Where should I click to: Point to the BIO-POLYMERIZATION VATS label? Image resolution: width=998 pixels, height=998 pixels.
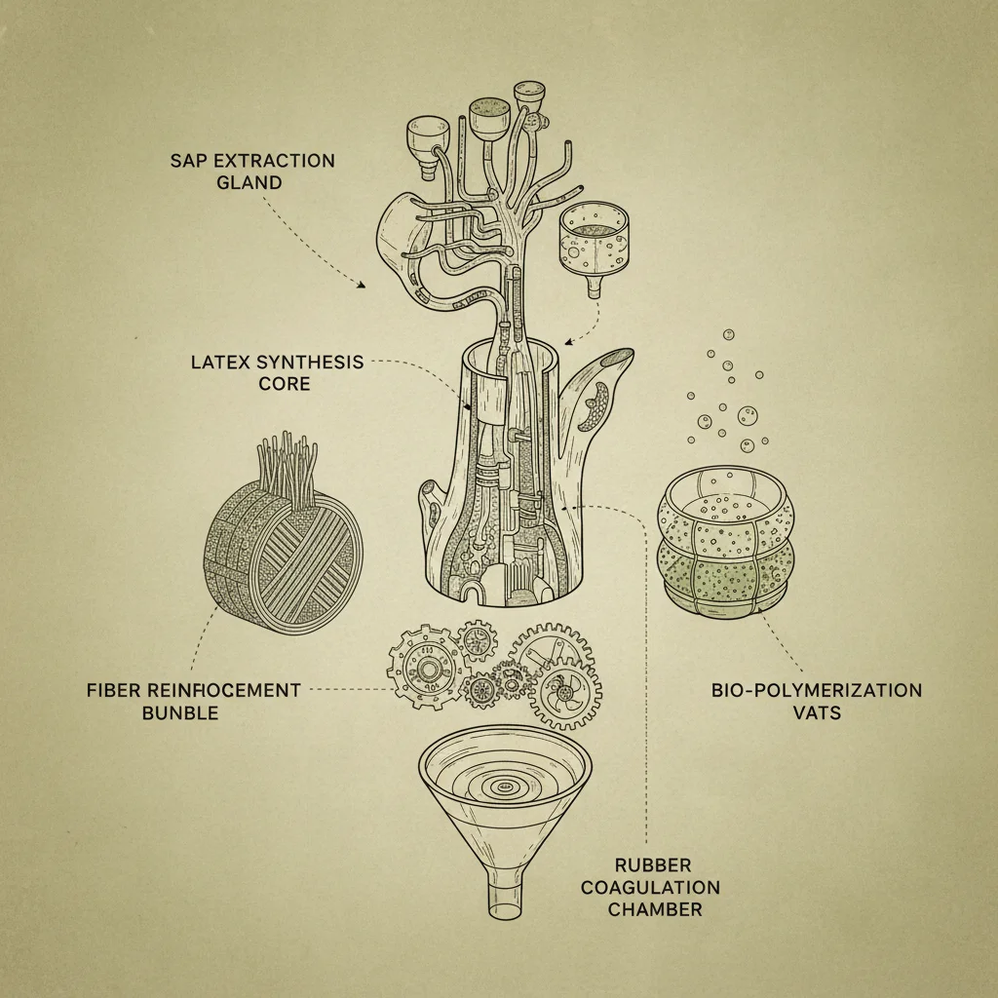[816, 701]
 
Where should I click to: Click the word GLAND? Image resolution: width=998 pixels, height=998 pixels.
[249, 181]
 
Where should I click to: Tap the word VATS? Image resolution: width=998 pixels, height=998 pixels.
[817, 712]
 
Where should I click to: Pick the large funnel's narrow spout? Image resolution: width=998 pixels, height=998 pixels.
[504, 898]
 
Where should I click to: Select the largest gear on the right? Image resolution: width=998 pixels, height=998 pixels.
[557, 677]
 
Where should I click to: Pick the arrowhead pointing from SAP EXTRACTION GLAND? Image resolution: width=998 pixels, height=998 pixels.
[362, 286]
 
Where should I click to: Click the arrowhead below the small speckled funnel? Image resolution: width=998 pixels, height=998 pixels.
[567, 341]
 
